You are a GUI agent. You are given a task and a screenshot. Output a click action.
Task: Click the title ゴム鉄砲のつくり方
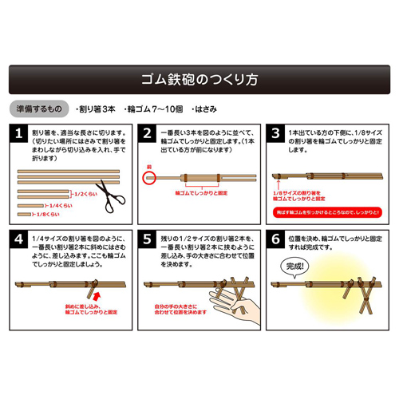tap(199, 80)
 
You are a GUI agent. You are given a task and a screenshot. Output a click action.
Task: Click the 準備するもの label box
tap(36, 107)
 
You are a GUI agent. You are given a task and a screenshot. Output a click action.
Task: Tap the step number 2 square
tap(146, 132)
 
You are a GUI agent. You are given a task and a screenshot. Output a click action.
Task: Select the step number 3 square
tap(275, 132)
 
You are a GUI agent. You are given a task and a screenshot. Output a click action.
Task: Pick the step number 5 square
tap(146, 240)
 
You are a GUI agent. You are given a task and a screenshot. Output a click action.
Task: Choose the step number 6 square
tap(275, 240)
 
